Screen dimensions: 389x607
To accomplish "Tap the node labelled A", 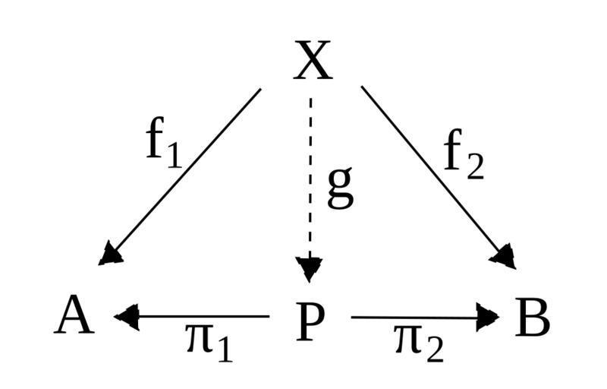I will (75, 317).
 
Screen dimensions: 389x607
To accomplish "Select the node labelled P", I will (312, 319).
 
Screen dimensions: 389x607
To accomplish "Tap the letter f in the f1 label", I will (156, 140).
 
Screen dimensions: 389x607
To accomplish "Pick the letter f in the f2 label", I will (454, 151).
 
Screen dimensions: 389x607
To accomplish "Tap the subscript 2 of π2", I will (433, 350).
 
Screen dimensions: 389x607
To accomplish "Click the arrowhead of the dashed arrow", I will (310, 268).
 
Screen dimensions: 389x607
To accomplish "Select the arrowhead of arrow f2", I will (503, 256).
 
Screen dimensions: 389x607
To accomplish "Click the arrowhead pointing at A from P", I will (127, 317).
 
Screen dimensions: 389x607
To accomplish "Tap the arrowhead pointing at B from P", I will (487, 318).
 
